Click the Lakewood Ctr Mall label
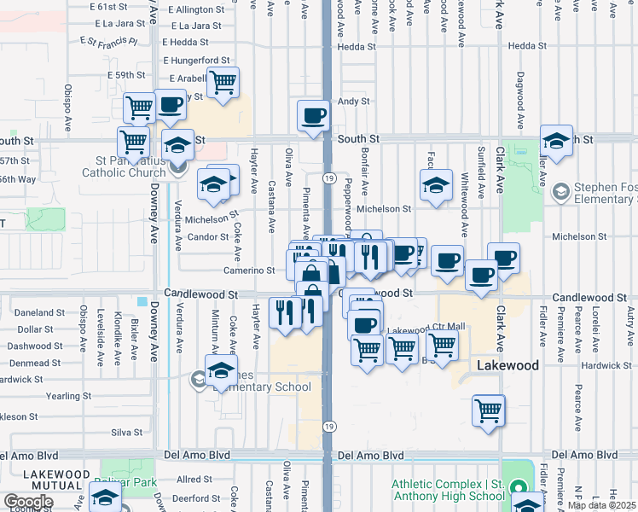point(426,329)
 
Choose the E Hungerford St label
point(199,61)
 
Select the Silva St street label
point(126,433)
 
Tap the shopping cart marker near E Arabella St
point(223,84)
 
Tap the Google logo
point(28,502)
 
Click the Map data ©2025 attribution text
point(602,505)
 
